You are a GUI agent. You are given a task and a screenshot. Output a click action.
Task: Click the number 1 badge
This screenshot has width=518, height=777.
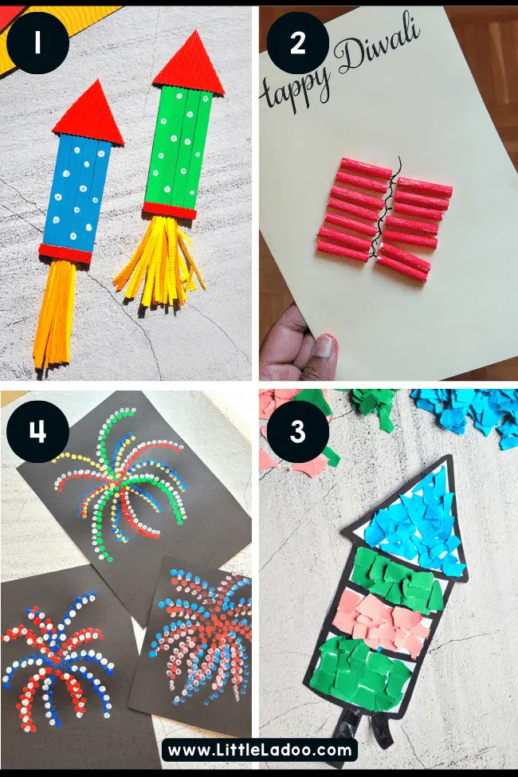[37, 42]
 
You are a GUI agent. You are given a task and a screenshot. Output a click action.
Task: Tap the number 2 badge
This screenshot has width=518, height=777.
[297, 42]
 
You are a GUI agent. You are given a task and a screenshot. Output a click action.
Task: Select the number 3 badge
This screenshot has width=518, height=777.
[297, 431]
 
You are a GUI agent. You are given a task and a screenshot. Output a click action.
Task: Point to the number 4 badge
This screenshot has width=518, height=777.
[37, 431]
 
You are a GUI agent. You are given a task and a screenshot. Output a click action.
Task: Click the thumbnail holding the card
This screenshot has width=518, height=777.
[324, 347]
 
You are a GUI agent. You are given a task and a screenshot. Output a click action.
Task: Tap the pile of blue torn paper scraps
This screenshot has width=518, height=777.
[464, 412]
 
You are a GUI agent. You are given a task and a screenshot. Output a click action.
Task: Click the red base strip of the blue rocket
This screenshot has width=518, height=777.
[65, 253]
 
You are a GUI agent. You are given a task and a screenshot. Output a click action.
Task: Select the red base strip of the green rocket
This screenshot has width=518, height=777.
[170, 210]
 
